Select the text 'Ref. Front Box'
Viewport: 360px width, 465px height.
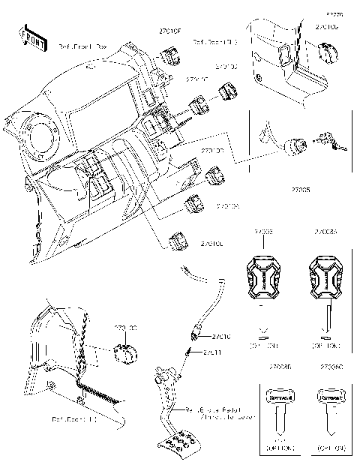point(83,46)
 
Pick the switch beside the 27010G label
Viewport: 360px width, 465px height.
point(329,52)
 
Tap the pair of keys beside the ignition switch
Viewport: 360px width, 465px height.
point(328,140)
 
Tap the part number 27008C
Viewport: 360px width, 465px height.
point(331,368)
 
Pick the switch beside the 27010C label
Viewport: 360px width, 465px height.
point(179,242)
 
